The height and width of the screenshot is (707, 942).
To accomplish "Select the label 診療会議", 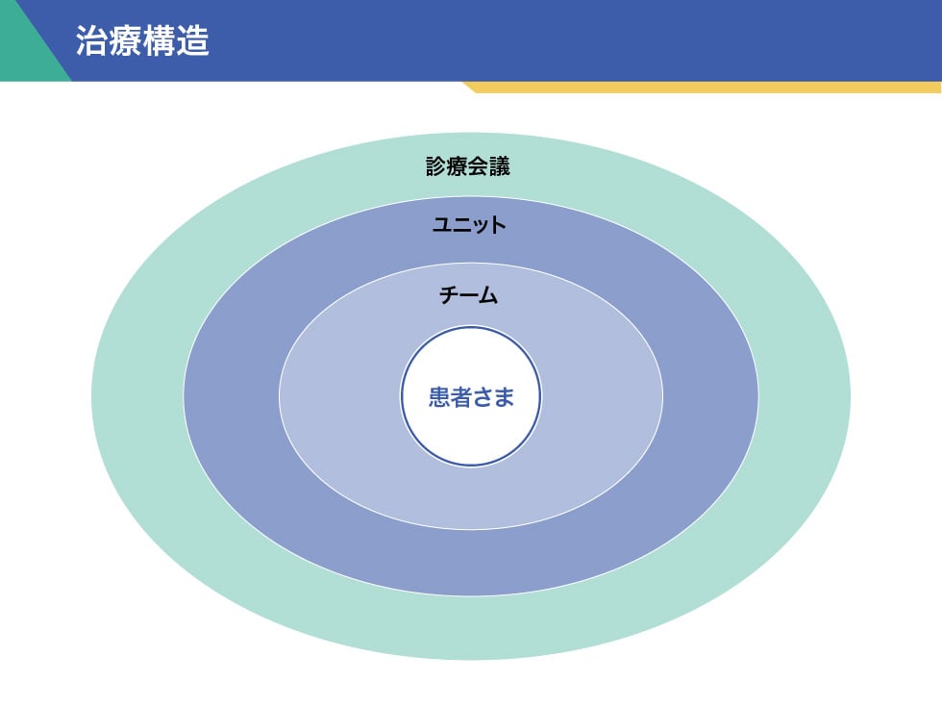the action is point(468,166).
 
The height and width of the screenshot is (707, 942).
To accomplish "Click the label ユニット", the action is point(469,225).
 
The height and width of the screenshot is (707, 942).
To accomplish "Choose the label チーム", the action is point(469,295).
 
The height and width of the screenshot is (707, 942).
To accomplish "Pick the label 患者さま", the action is point(471,397).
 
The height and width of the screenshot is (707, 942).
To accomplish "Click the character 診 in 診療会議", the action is point(436,166).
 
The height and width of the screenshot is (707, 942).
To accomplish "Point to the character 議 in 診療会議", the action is point(500,166).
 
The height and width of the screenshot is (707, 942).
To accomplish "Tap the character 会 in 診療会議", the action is point(479,166).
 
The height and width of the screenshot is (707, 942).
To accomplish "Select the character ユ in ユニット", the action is point(442,225).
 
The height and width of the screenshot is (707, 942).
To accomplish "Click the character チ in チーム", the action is point(449,295).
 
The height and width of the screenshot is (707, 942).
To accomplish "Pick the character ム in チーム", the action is point(489,295).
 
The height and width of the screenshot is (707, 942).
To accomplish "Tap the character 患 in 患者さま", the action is point(439,397).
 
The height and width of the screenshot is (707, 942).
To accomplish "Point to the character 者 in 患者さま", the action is point(460,397).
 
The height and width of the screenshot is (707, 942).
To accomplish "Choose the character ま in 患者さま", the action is point(503,397).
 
